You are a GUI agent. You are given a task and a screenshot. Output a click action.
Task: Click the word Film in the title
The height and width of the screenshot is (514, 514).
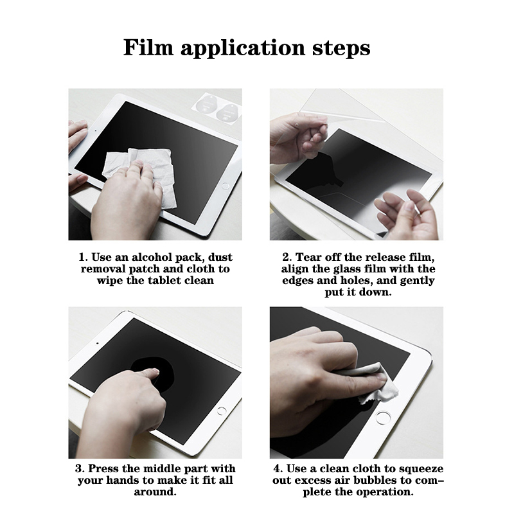tap(148, 48)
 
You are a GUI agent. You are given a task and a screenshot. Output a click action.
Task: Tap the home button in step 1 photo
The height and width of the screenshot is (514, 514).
tap(226, 186)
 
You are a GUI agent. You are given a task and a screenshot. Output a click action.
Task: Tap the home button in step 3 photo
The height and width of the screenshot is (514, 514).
tap(222, 411)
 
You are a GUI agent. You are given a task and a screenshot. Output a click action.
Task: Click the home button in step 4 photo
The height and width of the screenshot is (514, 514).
tap(383, 418)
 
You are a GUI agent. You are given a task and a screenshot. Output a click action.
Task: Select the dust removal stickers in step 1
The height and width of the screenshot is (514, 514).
tap(217, 107)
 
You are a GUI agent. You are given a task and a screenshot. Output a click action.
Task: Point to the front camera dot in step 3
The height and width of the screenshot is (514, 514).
tap(98, 344)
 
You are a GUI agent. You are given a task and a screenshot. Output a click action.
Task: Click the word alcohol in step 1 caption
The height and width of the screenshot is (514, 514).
tap(152, 257)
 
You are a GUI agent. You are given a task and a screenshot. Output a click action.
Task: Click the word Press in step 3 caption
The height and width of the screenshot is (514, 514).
tap(104, 468)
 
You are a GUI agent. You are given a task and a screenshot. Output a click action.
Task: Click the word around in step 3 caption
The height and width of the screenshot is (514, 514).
tap(155, 492)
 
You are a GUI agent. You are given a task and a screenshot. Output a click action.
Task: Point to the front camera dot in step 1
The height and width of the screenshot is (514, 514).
tap(95, 130)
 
